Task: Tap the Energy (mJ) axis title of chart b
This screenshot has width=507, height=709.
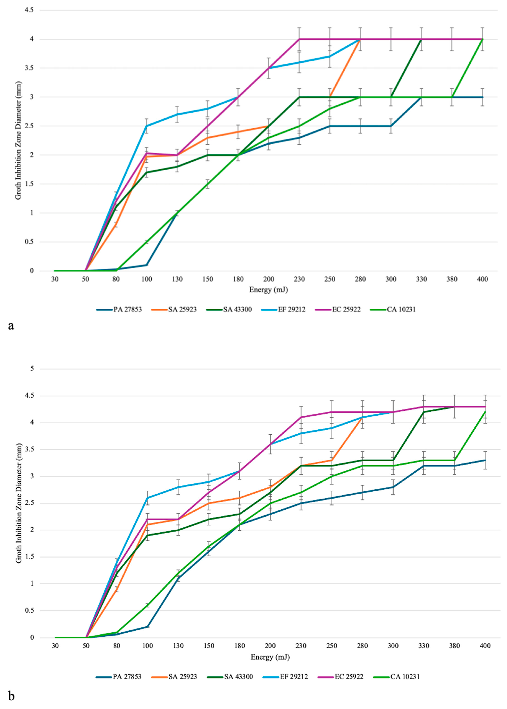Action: click(270, 657)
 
